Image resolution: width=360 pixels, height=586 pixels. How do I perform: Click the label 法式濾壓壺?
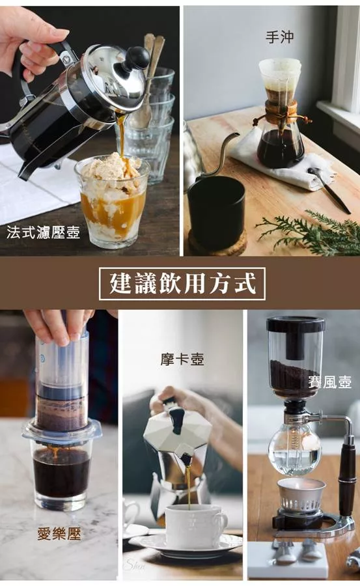(x=44, y=232)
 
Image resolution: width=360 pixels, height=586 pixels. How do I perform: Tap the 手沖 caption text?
(x=280, y=36)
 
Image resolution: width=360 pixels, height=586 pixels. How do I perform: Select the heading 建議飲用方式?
(x=182, y=283)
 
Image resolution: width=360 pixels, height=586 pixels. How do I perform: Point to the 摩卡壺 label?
(x=182, y=359)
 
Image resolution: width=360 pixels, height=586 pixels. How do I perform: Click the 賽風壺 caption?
(x=329, y=382)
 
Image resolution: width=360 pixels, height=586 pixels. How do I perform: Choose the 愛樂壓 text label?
(x=59, y=534)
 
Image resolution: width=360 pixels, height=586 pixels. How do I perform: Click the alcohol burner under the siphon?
(x=301, y=495)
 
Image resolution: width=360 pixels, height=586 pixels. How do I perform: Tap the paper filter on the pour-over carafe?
(x=280, y=75)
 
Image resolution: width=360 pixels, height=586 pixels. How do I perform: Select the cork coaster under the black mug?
(x=217, y=243)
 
